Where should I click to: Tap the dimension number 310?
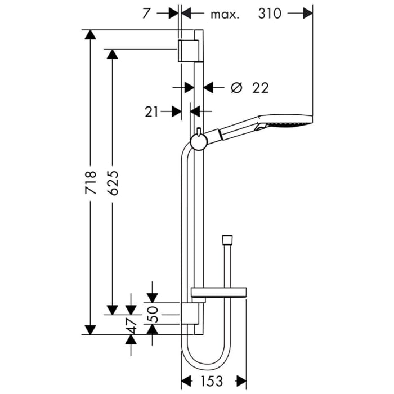pyautogui.click(x=270, y=14)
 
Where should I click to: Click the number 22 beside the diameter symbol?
pyautogui.click(x=260, y=88)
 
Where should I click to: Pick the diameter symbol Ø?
pyautogui.click(x=236, y=88)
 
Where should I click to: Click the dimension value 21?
pyautogui.click(x=151, y=112)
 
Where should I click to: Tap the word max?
pyautogui.click(x=225, y=14)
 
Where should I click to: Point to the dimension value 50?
pyautogui.click(x=152, y=311)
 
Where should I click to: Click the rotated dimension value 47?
pyautogui.click(x=131, y=325)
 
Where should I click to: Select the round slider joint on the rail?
pyautogui.click(x=198, y=141)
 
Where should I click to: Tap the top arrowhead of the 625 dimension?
pyautogui.click(x=113, y=54)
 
